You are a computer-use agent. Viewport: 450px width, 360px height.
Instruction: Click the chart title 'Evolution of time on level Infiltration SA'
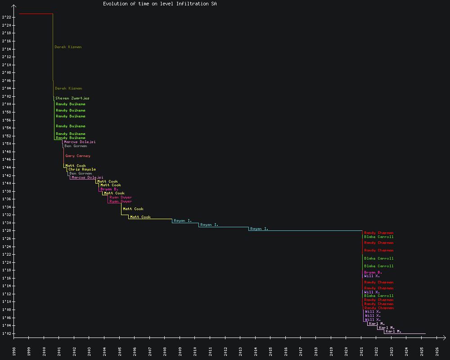point(160,4)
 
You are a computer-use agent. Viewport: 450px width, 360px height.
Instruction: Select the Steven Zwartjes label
point(72,98)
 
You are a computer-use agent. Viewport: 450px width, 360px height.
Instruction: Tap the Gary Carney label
point(77,156)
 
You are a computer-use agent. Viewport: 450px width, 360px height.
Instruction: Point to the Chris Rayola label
point(82,170)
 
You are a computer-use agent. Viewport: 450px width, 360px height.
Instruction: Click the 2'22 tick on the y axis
point(6,17)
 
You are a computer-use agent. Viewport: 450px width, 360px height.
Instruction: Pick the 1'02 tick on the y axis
point(6,333)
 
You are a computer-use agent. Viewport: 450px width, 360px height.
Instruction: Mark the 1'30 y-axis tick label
point(6,223)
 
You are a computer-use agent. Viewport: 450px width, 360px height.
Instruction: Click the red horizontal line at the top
point(36,14)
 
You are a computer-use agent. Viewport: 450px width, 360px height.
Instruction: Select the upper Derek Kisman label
point(68,47)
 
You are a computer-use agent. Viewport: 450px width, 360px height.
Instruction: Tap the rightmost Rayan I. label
point(259,229)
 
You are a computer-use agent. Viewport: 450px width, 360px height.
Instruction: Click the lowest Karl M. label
point(393,331)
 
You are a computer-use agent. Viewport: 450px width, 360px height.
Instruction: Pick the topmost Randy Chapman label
point(378,233)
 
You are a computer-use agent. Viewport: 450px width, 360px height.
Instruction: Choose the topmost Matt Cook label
point(75,166)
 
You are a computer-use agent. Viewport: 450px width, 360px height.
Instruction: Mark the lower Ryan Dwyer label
point(120,201)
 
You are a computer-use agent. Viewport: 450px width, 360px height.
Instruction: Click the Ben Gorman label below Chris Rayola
point(81,173)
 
